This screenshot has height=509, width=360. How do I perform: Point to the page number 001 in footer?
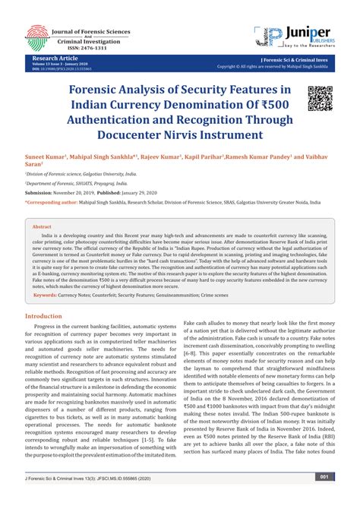[x=323, y=498]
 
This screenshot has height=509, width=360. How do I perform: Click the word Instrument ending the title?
[x=251, y=135]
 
